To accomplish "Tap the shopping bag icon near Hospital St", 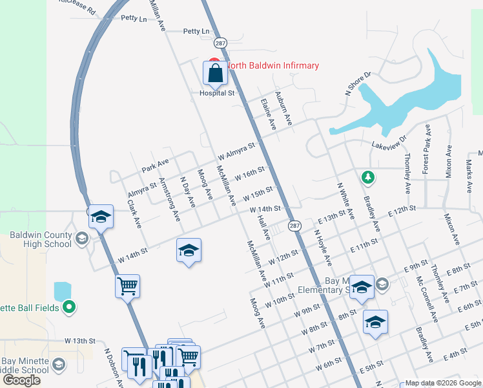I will tap(216, 74).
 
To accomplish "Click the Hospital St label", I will tap(216, 93).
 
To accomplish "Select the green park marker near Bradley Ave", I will tap(367, 177).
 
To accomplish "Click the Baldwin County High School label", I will tap(41, 239).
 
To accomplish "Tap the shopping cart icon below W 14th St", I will tap(128, 286).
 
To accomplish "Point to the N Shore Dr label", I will tap(358, 85).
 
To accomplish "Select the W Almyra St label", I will tap(237, 152).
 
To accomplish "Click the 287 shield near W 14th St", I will tap(294, 226).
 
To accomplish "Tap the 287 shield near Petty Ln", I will tap(220, 42).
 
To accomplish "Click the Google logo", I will tap(21, 380).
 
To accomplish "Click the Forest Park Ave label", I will tap(427, 156).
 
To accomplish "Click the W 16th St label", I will tap(250, 175).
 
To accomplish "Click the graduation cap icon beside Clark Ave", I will tap(101, 217).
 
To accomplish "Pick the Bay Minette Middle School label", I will tap(25, 365).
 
